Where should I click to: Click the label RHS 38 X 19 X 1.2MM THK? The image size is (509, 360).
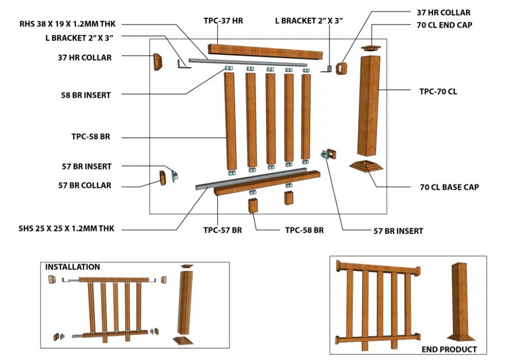[x=67, y=24]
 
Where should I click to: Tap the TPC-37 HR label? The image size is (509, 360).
[x=223, y=21]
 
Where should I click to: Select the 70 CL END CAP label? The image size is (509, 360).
[x=444, y=25]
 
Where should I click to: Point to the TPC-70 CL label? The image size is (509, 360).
[x=438, y=91]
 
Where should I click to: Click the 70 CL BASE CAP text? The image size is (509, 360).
[x=449, y=187]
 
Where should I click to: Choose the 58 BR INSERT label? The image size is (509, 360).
[x=86, y=95]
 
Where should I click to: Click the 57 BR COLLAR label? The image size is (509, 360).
[x=85, y=185]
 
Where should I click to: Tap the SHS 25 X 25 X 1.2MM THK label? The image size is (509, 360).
[x=67, y=229]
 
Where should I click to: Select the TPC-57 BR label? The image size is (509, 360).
[x=223, y=230]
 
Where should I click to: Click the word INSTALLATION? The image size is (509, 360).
[x=73, y=267]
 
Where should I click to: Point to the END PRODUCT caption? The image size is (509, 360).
[x=449, y=350]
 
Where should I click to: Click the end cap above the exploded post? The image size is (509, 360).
[x=371, y=48]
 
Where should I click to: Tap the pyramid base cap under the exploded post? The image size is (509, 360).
[x=366, y=166]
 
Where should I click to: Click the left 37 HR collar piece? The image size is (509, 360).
[x=158, y=62]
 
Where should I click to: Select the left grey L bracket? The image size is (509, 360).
[x=184, y=65]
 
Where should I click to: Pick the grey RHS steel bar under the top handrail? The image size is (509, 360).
[x=248, y=62]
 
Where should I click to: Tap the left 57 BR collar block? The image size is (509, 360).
[x=163, y=178]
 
